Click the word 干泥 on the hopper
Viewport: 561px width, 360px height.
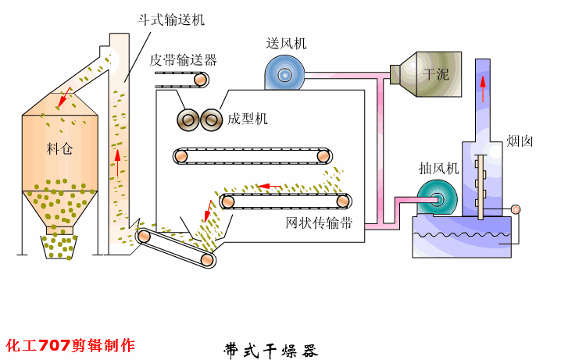click(435, 75)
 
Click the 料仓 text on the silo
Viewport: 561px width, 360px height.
click(59, 148)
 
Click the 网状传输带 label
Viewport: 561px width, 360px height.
click(319, 223)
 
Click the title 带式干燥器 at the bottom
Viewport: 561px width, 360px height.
click(271, 348)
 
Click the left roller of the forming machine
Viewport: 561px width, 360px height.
click(188, 119)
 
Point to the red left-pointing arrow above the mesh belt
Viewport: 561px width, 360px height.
click(270, 187)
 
